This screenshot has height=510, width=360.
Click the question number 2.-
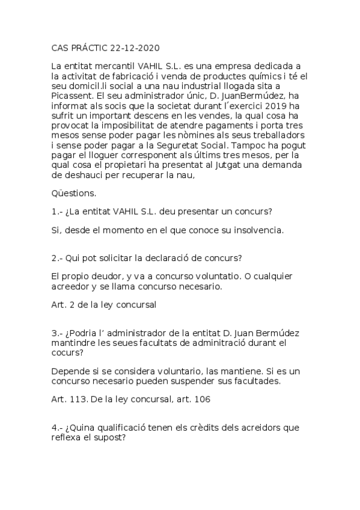[x=58, y=259]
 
